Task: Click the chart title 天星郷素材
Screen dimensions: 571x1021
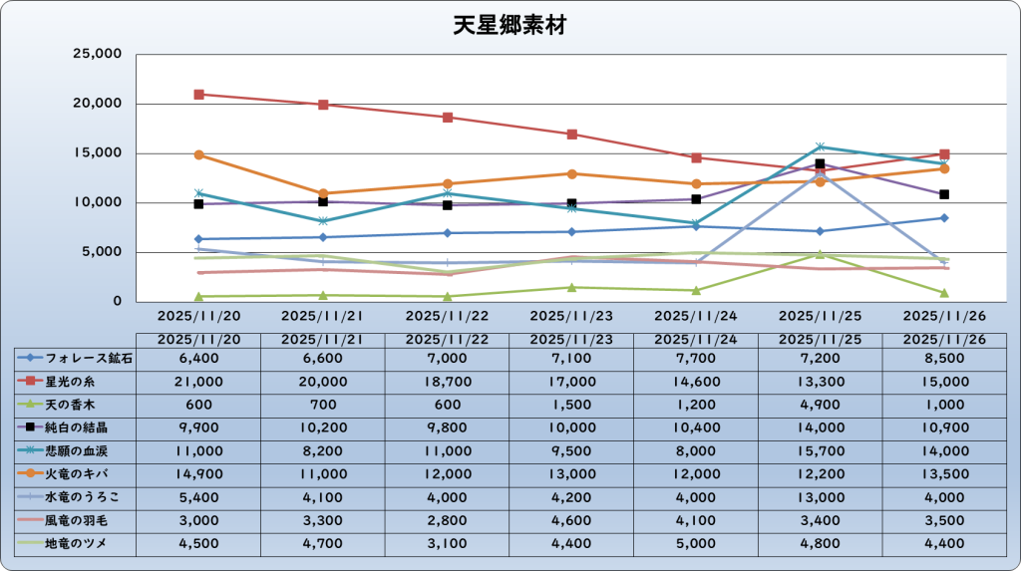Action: [x=510, y=25]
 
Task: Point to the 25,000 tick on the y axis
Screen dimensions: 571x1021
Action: [x=97, y=54]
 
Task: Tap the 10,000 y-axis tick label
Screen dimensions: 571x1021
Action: [x=97, y=202]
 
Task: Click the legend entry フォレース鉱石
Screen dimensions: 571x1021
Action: [x=76, y=358]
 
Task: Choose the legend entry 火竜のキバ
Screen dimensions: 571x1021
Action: [x=76, y=473]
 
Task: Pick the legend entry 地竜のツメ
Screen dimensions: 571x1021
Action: [x=76, y=543]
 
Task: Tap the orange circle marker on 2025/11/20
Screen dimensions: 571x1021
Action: [x=199, y=154]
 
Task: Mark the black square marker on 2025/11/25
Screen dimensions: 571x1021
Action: [x=821, y=163]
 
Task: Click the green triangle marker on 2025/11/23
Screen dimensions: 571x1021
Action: [x=571, y=287]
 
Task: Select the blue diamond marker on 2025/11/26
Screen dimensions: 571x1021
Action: [x=944, y=217]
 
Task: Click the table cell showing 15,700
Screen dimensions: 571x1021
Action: [x=821, y=450]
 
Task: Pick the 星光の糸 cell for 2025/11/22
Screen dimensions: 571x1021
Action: [x=448, y=381]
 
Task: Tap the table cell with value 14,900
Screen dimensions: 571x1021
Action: [x=199, y=473]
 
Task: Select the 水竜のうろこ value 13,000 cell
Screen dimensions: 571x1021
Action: [x=821, y=496]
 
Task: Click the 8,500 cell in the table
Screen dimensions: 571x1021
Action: [x=944, y=358]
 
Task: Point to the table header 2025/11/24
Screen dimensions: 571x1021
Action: [x=696, y=339]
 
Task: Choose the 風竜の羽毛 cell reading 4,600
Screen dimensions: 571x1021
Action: [x=571, y=520]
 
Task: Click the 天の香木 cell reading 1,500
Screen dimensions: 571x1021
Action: [x=571, y=404]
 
